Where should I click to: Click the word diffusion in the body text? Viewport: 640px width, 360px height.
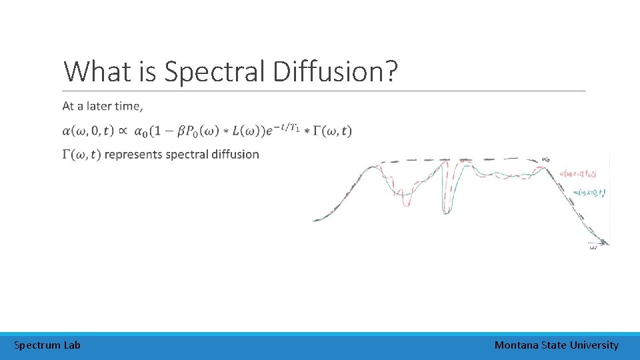pyautogui.click(x=235, y=154)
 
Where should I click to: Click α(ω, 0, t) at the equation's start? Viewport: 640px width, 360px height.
pyautogui.click(x=88, y=131)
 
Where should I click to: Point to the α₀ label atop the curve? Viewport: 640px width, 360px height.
pyautogui.click(x=545, y=159)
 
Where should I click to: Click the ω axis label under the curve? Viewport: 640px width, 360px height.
pyautogui.click(x=593, y=247)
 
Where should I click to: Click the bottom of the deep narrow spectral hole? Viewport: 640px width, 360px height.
pyautogui.click(x=445, y=211)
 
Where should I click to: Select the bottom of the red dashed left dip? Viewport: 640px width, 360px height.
pyautogui.click(x=406, y=204)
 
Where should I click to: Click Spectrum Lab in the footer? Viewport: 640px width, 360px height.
pyautogui.click(x=47, y=345)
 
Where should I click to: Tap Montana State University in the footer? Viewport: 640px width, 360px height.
pyautogui.click(x=556, y=345)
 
